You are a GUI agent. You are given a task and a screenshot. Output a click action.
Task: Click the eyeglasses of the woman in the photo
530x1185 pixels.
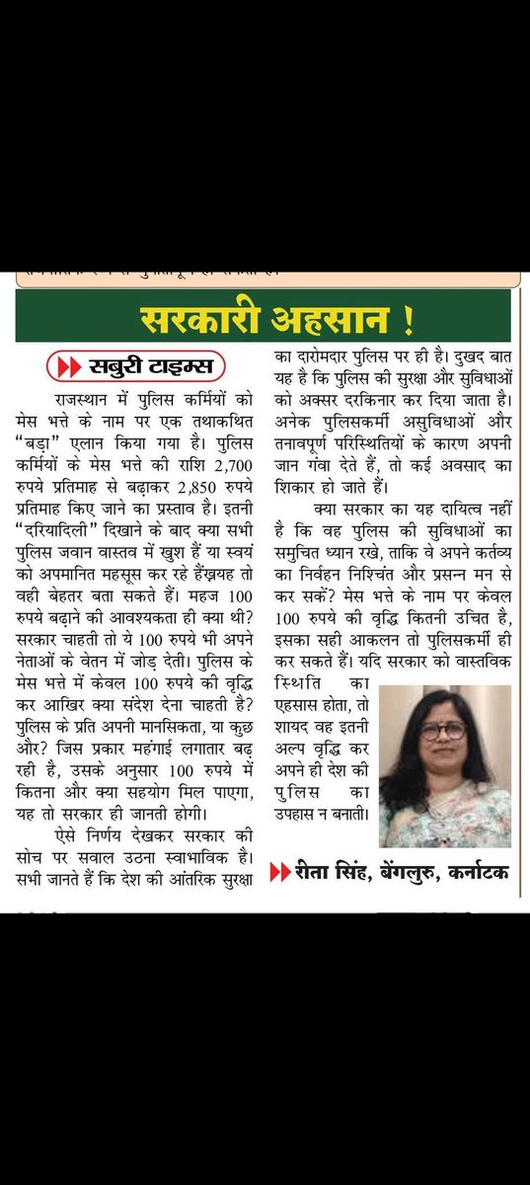442,731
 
